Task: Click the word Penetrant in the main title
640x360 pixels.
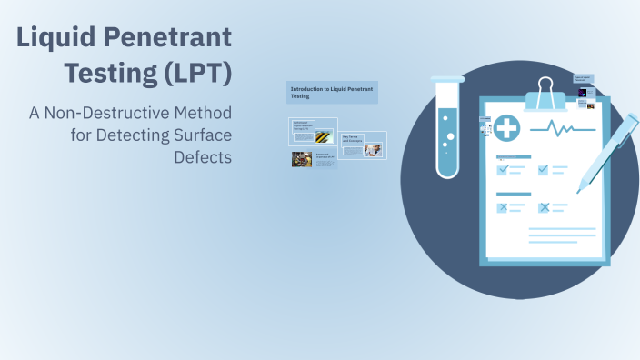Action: tap(178, 37)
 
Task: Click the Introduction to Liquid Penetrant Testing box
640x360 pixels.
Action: tap(332, 93)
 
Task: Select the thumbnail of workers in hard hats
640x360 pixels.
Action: tap(302, 159)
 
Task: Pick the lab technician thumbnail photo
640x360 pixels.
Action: tap(373, 149)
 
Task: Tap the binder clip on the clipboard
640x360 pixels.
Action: tap(545, 94)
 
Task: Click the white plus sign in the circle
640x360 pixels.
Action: tap(507, 129)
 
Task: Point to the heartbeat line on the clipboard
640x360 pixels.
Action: tap(565, 129)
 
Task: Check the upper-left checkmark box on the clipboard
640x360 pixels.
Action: tap(503, 170)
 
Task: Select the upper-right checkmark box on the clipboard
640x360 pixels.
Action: tap(544, 170)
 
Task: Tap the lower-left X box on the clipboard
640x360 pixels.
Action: tap(503, 208)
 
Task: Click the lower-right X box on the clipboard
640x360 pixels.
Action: tap(544, 208)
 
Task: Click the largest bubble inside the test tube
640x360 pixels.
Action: tap(450, 137)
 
